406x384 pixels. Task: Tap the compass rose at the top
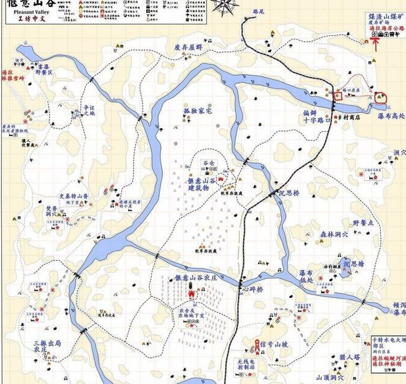pos(225,6)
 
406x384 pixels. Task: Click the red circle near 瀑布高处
pos(380,97)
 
